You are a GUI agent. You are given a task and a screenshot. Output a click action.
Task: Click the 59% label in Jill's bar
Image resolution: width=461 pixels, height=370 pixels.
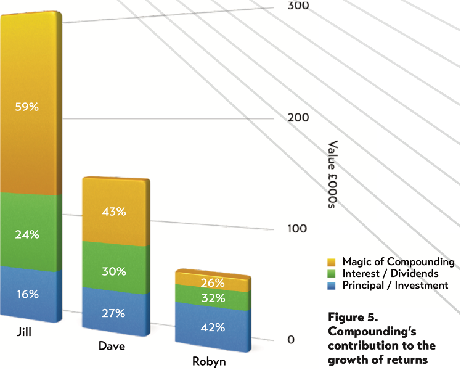click(x=27, y=107)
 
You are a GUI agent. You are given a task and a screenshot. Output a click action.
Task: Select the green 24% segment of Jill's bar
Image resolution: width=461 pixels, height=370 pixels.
click(x=27, y=234)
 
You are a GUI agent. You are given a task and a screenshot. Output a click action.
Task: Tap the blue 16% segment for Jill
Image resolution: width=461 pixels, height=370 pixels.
click(x=27, y=294)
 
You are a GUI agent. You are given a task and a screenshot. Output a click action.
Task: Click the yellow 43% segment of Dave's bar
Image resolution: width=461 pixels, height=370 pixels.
click(x=113, y=212)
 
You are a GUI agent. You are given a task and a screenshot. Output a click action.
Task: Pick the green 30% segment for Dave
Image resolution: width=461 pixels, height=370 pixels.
click(x=113, y=271)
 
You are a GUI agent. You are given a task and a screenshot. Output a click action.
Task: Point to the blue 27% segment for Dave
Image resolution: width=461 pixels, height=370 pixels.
click(x=113, y=313)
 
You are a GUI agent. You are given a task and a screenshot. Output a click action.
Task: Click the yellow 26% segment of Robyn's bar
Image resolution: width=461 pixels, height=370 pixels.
click(x=212, y=283)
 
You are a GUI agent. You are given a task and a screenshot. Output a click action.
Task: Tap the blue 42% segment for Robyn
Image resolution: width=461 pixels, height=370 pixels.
click(x=212, y=327)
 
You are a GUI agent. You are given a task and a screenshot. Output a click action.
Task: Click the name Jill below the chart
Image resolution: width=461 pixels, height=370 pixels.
click(x=25, y=334)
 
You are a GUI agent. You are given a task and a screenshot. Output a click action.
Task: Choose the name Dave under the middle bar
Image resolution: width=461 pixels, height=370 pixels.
click(x=112, y=347)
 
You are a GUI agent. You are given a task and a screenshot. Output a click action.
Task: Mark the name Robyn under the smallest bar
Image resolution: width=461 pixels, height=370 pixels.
click(x=208, y=362)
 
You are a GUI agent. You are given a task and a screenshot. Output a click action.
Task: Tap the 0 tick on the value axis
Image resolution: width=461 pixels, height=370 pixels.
click(x=291, y=340)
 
